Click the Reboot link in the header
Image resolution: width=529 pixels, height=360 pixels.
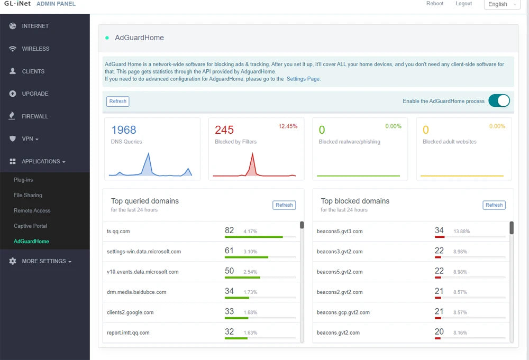tap(435, 4)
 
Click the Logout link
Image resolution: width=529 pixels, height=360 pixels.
tap(463, 4)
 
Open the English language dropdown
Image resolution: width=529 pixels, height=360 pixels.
tap(502, 4)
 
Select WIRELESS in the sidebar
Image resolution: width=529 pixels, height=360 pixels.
tap(35, 49)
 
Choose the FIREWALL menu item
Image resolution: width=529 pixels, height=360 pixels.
tap(34, 116)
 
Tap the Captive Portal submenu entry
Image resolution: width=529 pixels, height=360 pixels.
tap(30, 226)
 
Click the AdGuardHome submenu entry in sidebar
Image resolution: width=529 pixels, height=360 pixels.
tap(31, 242)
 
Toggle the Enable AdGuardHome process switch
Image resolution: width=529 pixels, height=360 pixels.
tap(499, 101)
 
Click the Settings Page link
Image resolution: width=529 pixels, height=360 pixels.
tap(303, 79)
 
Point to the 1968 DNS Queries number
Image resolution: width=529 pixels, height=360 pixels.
tap(124, 130)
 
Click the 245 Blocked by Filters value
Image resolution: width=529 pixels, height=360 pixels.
tap(224, 130)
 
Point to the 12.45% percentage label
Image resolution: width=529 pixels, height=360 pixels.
tap(288, 126)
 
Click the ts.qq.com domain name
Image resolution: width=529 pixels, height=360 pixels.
tap(118, 231)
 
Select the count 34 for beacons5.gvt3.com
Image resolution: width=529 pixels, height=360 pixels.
tap(439, 230)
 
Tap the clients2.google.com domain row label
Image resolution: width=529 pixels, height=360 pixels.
tap(130, 312)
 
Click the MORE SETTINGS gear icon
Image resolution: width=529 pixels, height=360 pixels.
tap(13, 261)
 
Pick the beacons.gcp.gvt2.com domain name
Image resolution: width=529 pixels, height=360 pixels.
tap(343, 312)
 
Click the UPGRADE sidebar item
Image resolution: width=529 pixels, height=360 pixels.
tap(35, 94)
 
